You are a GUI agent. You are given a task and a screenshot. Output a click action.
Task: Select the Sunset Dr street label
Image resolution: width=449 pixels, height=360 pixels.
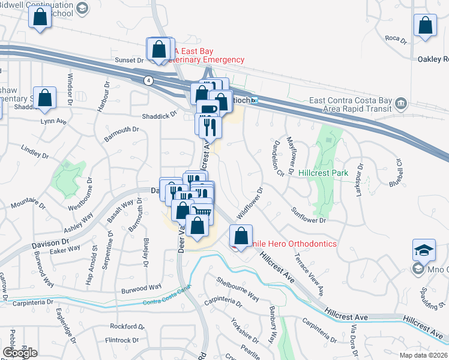[130, 60]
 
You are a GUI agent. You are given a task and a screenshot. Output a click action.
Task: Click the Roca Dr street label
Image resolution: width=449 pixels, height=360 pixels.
[396, 38]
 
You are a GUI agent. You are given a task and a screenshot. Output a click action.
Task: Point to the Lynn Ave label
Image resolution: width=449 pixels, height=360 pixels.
[53, 121]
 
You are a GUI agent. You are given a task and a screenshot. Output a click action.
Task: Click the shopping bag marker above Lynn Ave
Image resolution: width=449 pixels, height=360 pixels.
[44, 97]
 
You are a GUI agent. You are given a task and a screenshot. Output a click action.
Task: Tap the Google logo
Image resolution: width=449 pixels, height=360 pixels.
[20, 353]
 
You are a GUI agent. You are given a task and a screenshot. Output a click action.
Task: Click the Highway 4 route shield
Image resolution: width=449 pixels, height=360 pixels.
[147, 79]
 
